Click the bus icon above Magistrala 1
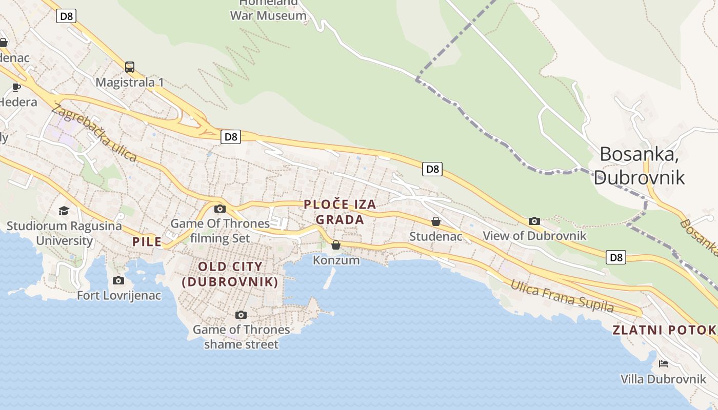point(130,67)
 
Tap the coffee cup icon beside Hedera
point(16,87)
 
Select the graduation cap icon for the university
point(64,211)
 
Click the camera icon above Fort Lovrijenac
point(118,280)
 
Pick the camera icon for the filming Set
point(220,209)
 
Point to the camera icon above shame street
point(241,315)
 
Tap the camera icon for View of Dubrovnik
point(534,221)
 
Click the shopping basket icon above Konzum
point(336,245)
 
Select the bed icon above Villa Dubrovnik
point(663,364)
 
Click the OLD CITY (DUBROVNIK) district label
point(230,274)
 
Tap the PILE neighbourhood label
point(147,242)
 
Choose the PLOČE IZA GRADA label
point(340,212)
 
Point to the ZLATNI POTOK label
point(664,330)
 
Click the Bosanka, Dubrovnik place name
point(639,165)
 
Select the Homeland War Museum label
point(268,10)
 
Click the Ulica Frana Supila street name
point(562,296)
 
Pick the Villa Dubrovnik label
point(663,379)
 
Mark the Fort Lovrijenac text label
point(119,296)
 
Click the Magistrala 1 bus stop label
point(130,83)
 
